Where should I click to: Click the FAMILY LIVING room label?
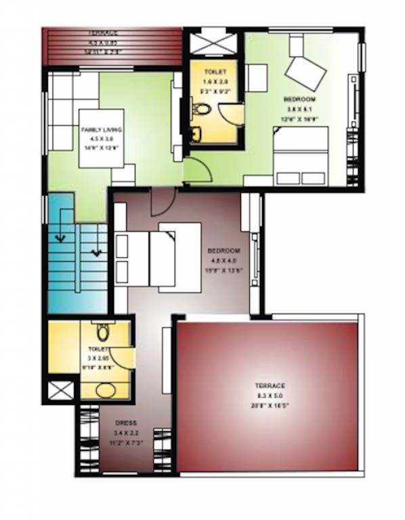point(100,129)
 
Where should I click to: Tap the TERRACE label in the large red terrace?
point(271,385)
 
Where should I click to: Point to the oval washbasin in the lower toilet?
point(105,390)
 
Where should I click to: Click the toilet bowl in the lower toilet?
point(102,332)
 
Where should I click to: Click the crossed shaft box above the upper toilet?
point(212,44)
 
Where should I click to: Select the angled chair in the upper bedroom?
point(304,71)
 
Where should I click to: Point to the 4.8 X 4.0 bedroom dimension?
point(223,260)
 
